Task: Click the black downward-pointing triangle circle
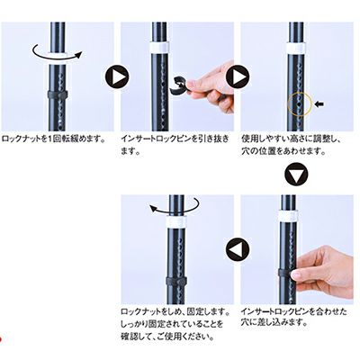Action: pos(296,175)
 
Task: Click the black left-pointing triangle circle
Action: pos(238,249)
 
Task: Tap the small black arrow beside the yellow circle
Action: pos(319,104)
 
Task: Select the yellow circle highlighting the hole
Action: pos(300,103)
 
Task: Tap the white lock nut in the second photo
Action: pos(159,48)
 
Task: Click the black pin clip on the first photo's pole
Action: pos(58,94)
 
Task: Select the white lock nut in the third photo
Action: pos(296,48)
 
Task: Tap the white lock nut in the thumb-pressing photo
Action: pos(288,216)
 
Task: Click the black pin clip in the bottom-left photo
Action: pos(176,281)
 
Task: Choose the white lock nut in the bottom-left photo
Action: pos(176,220)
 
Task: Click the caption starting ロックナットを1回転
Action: pos(53,139)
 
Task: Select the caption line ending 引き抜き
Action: pos(175,139)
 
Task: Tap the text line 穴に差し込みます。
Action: pos(274,323)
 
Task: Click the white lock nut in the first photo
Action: pos(58,59)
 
